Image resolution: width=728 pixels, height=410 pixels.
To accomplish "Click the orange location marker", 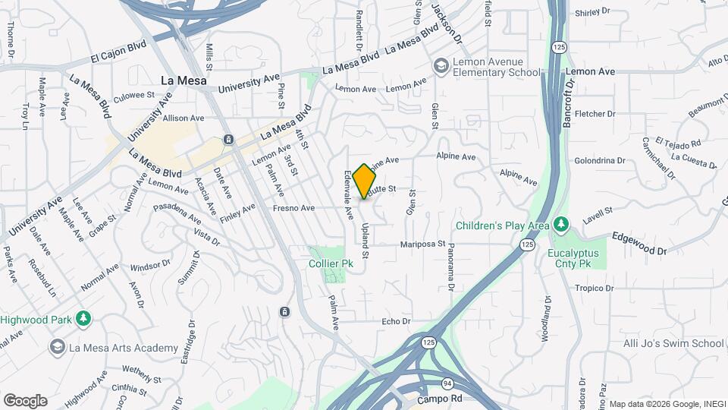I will [x=365, y=181].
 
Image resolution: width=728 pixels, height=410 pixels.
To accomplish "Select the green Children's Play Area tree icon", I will [x=561, y=225].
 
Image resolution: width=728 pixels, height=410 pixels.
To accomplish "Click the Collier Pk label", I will [x=331, y=263].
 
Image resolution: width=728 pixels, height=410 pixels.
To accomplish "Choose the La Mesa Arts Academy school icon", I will [x=56, y=348].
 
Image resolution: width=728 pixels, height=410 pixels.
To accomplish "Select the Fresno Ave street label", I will [x=296, y=208].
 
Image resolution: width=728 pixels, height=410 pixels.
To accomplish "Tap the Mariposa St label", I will [x=423, y=244].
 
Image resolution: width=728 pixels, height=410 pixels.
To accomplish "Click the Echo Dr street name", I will [x=395, y=322].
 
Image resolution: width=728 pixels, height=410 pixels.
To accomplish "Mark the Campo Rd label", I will [x=440, y=399].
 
